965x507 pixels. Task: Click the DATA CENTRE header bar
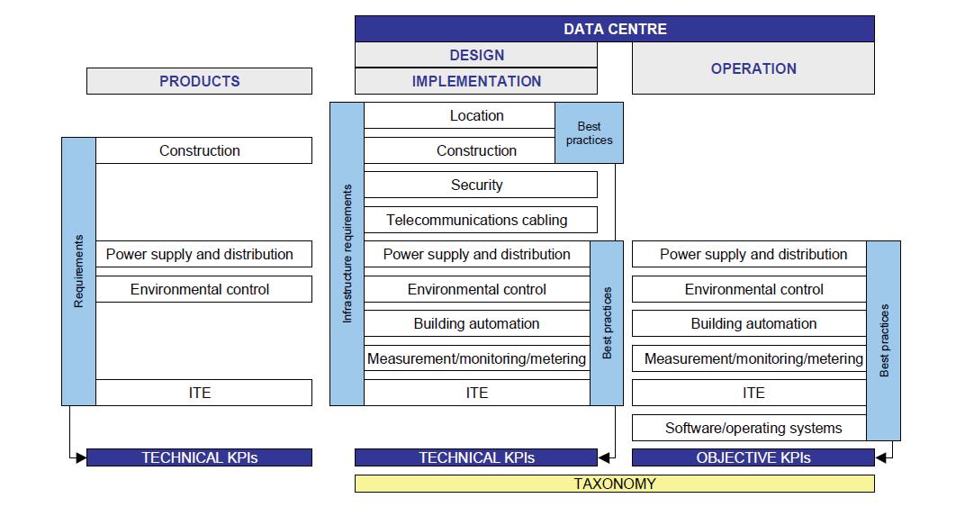click(614, 29)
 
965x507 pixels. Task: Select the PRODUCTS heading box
click(199, 81)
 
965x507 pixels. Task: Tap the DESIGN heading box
click(475, 55)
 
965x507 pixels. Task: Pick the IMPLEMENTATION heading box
click(475, 81)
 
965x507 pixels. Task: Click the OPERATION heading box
click(753, 68)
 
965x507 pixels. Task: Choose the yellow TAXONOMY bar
click(614, 484)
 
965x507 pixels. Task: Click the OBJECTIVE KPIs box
click(753, 457)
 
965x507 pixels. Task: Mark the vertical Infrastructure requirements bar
click(347, 254)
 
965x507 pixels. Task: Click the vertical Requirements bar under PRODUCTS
click(78, 271)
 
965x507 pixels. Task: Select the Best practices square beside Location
click(589, 133)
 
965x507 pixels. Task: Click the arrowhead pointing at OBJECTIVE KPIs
click(880, 457)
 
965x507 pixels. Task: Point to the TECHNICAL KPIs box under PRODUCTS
click(199, 457)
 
